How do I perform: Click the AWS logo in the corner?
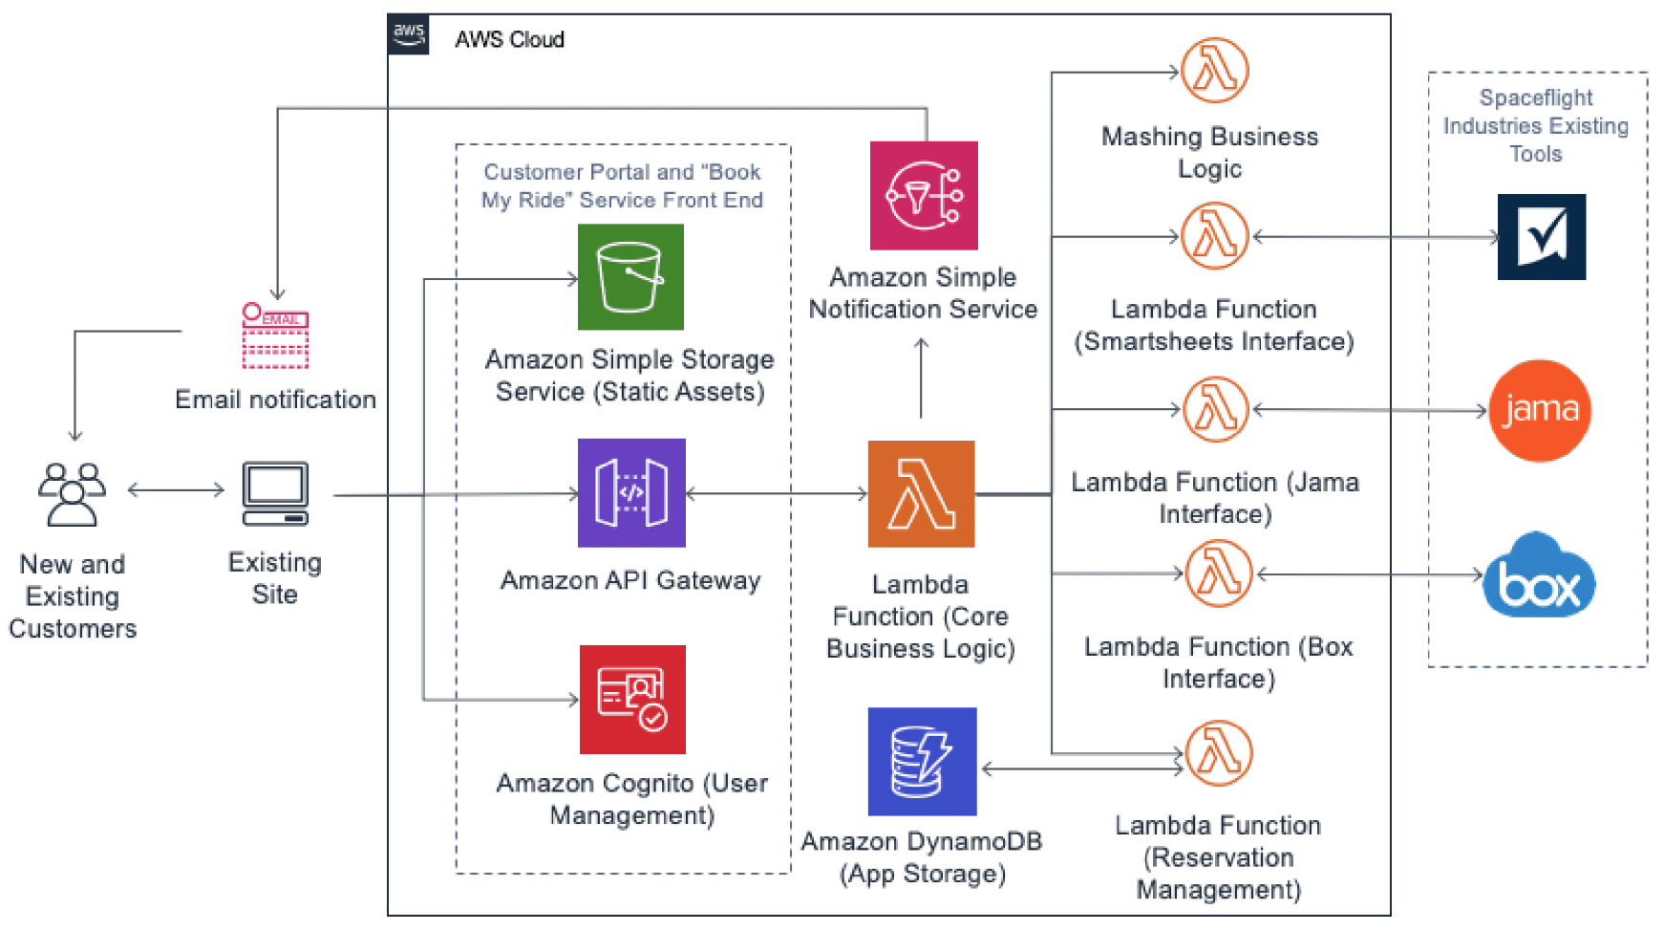409,33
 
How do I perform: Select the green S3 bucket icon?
630,277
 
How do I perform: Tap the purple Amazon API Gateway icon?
631,493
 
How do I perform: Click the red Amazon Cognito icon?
632,700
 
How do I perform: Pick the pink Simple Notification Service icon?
924,196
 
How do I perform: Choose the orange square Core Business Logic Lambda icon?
921,494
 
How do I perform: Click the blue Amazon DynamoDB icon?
922,762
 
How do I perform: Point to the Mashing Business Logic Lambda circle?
1215,71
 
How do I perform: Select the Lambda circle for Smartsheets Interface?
1215,236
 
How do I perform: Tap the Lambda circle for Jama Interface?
1216,410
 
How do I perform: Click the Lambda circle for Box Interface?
1219,574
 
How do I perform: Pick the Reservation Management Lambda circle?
1219,753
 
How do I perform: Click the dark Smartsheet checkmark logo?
1542,237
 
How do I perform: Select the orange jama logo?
1540,411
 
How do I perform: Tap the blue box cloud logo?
1539,576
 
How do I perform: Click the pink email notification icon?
275,336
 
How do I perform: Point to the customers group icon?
72,494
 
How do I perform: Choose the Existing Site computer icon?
275,494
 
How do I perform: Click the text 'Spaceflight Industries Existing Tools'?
1535,125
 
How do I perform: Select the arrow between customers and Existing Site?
176,490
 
